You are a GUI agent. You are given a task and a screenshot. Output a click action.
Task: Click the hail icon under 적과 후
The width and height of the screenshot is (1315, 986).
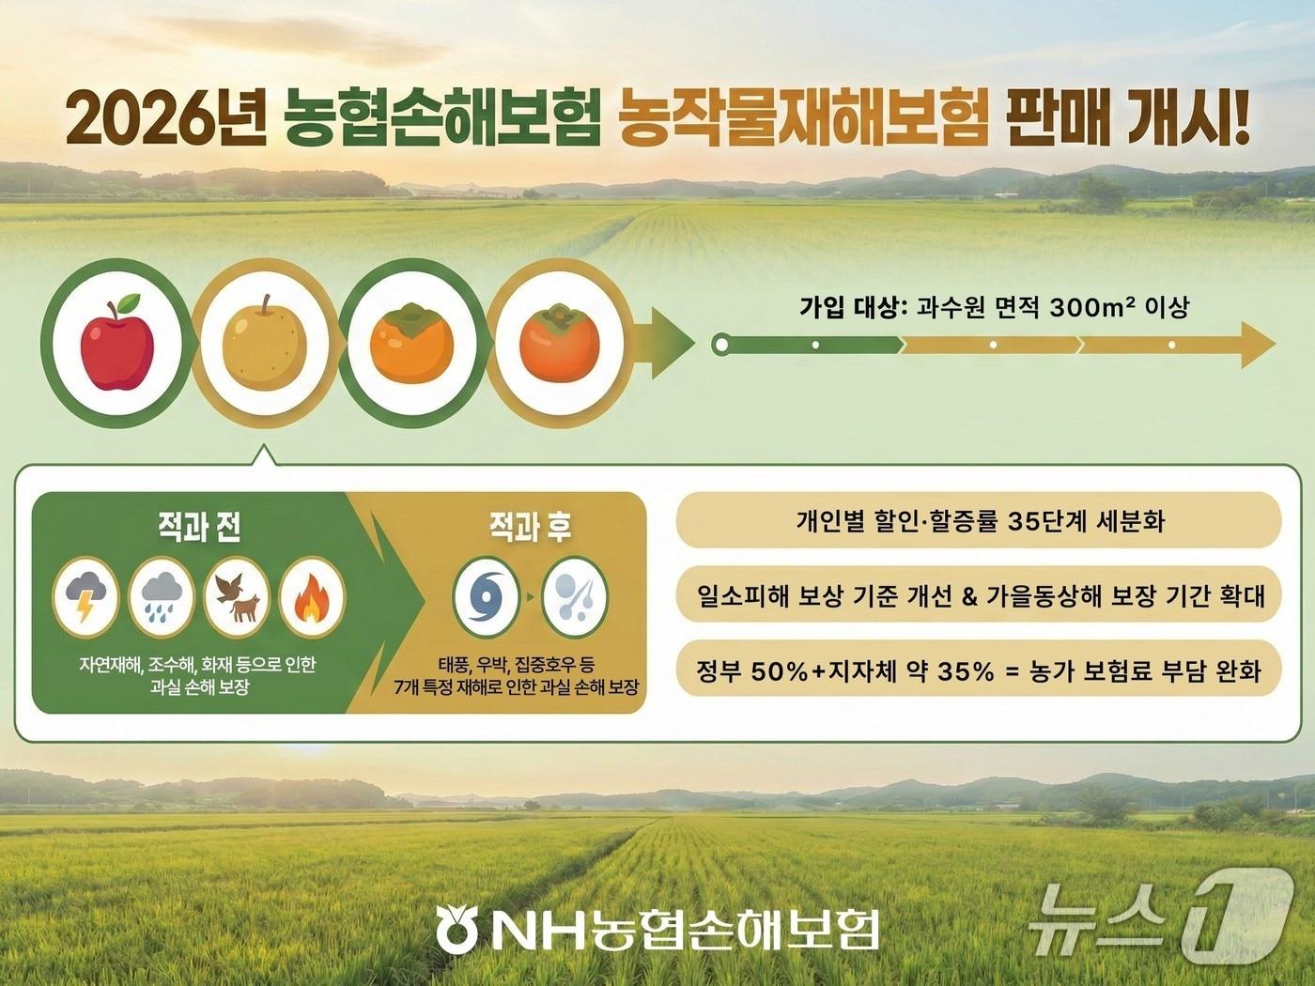[575, 596]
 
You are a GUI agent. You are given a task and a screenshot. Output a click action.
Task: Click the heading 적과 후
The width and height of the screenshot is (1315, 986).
[531, 528]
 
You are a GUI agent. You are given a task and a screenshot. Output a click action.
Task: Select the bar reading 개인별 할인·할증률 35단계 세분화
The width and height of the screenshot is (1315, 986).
[978, 522]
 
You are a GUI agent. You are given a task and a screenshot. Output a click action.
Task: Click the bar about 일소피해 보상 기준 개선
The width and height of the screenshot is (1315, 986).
[978, 594]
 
